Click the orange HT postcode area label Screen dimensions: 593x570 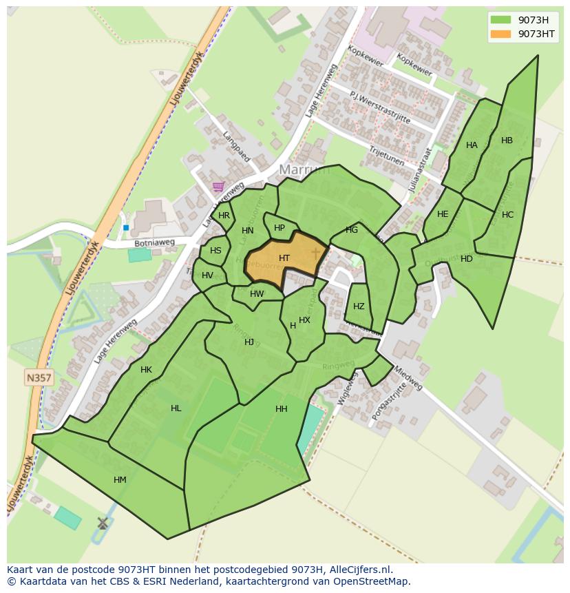point(284,258)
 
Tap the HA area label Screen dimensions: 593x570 point(472,145)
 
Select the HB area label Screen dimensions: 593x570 point(507,141)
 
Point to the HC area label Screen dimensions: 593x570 point(507,215)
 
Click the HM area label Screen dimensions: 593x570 point(120,480)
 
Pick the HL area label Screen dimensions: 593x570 point(176,408)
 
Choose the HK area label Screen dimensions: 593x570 point(146,370)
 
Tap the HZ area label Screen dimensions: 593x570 point(359,306)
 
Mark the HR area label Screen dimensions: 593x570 point(224,216)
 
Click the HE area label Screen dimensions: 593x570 point(443,214)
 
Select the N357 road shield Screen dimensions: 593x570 point(39,377)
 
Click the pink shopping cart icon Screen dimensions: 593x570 point(219,186)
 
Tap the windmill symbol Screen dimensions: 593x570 point(103,523)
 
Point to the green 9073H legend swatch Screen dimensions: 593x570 point(500,19)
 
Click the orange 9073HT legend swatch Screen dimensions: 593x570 point(500,34)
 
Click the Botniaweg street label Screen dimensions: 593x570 point(154,243)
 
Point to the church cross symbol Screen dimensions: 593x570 point(316,253)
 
